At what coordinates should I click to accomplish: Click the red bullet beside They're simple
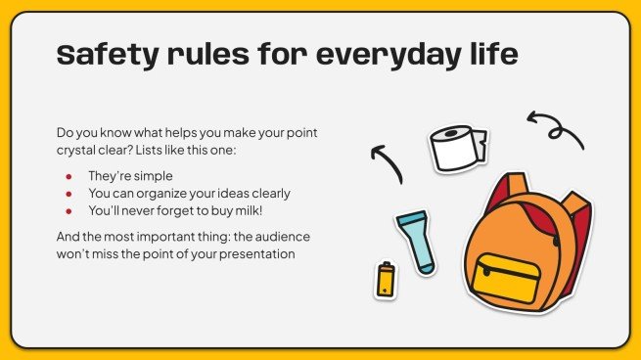click(x=69, y=177)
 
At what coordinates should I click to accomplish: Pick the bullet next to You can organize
click(x=69, y=193)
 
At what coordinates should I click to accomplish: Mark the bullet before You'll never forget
click(x=69, y=209)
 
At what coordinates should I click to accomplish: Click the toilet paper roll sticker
click(x=456, y=148)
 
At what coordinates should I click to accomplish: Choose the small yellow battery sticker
click(x=386, y=280)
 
